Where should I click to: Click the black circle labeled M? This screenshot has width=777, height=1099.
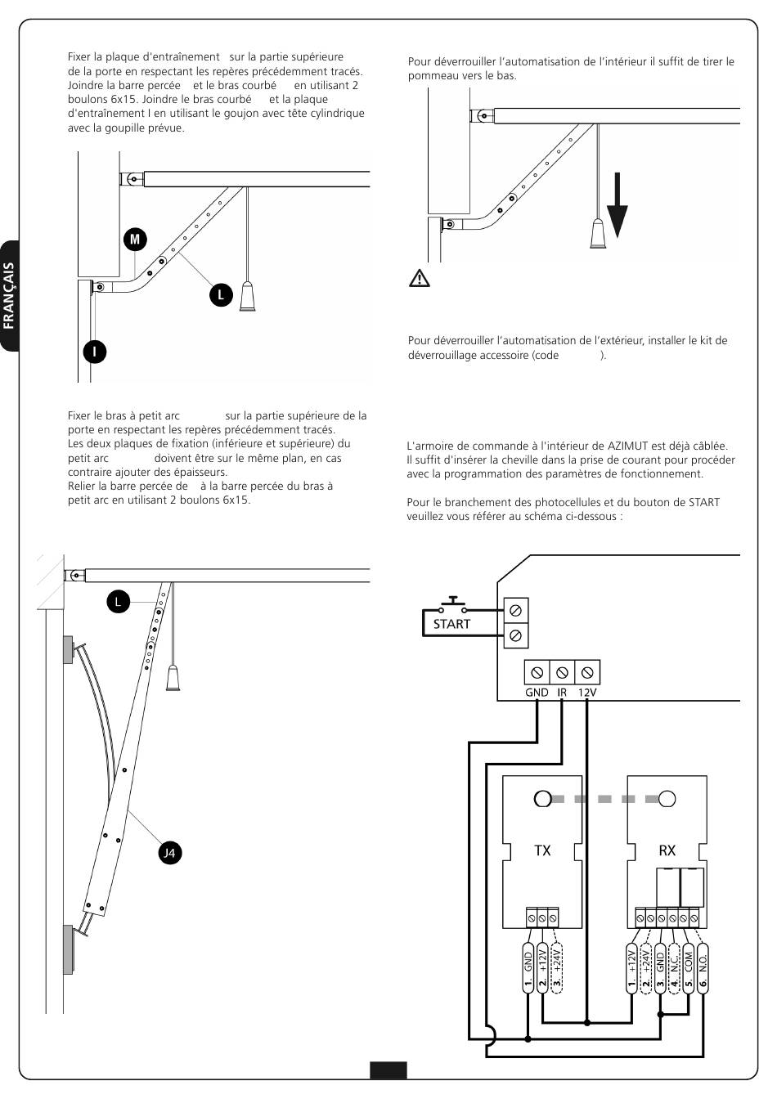[135, 240]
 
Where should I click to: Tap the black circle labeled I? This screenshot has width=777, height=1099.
[94, 352]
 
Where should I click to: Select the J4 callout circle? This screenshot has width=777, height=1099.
[170, 853]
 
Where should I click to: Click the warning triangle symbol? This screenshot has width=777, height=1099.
[420, 278]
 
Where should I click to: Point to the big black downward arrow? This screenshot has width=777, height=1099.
[618, 205]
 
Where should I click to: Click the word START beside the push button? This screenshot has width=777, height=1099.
[451, 624]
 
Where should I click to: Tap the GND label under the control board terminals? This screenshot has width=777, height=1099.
[537, 693]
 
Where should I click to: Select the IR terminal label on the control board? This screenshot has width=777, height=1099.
[562, 693]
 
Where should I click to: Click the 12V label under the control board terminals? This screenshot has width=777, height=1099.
[587, 693]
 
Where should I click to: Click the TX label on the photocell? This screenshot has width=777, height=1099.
[542, 850]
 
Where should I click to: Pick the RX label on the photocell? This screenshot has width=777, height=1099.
[667, 850]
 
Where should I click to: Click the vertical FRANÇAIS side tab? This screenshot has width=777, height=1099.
[9, 296]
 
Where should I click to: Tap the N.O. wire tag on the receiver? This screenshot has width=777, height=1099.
[703, 968]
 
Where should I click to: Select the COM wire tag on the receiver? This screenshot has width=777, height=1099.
[688, 968]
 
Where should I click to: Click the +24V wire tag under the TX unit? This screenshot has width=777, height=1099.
[557, 968]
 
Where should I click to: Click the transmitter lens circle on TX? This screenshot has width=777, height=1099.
[542, 799]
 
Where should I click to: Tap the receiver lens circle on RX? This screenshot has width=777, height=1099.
[667, 799]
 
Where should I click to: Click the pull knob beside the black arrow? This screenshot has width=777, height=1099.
[598, 234]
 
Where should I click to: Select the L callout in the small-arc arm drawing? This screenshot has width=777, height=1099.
[119, 602]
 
